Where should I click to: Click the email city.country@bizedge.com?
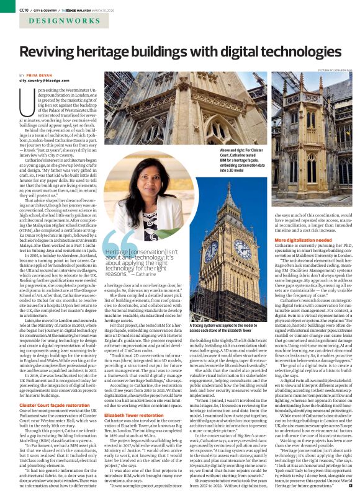45,81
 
